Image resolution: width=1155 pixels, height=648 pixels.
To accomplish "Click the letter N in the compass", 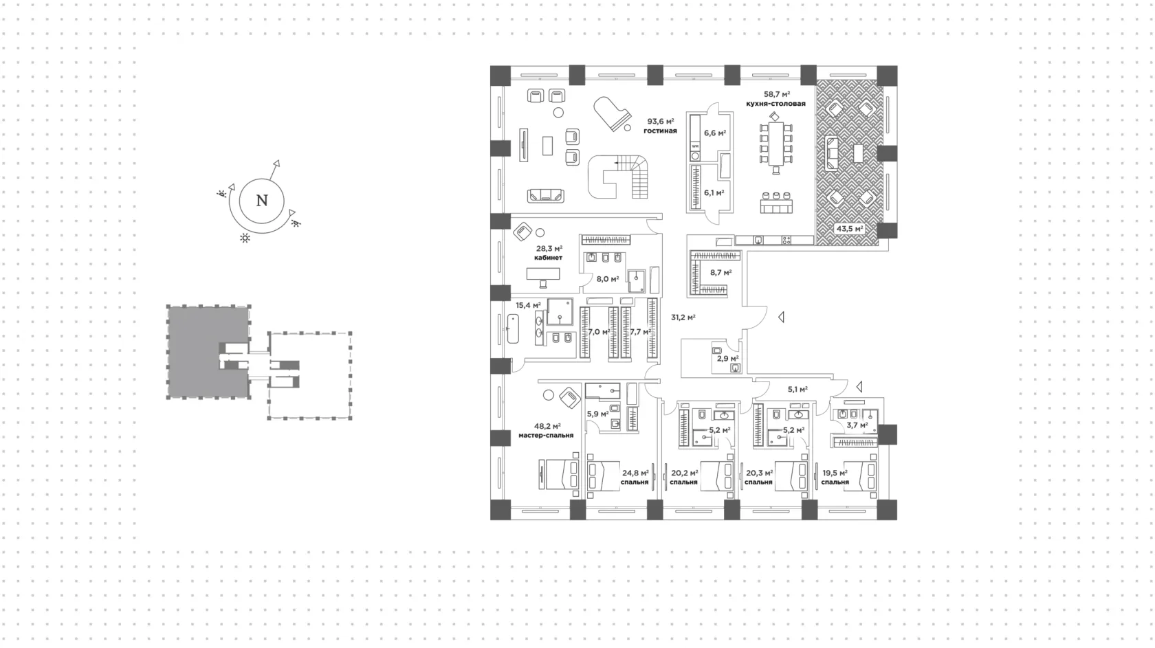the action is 262,201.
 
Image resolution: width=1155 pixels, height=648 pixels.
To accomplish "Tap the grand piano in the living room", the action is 611,113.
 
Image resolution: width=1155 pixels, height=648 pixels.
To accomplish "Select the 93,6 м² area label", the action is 661,122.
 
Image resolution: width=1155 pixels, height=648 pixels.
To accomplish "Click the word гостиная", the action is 660,131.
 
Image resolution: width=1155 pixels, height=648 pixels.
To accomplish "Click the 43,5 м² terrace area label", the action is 850,229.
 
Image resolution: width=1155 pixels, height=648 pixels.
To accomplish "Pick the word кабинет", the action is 548,258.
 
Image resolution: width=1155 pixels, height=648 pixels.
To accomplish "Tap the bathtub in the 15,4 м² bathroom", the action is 513,329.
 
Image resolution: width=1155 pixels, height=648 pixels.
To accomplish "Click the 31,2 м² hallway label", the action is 683,317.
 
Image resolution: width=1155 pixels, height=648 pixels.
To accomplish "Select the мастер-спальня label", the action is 546,436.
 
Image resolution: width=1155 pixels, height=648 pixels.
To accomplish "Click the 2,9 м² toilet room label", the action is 727,358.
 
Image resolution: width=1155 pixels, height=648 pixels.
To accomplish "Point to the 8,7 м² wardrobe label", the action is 720,273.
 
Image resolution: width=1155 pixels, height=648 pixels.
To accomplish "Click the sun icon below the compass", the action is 245,238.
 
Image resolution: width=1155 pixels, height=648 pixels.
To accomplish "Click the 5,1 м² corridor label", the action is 797,390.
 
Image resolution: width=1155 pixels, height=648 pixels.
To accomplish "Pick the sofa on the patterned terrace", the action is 830,153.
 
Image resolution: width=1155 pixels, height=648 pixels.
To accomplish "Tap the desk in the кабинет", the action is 543,273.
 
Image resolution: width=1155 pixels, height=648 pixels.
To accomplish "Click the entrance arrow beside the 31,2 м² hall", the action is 782,317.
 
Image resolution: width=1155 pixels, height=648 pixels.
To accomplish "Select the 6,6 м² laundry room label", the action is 715,133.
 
